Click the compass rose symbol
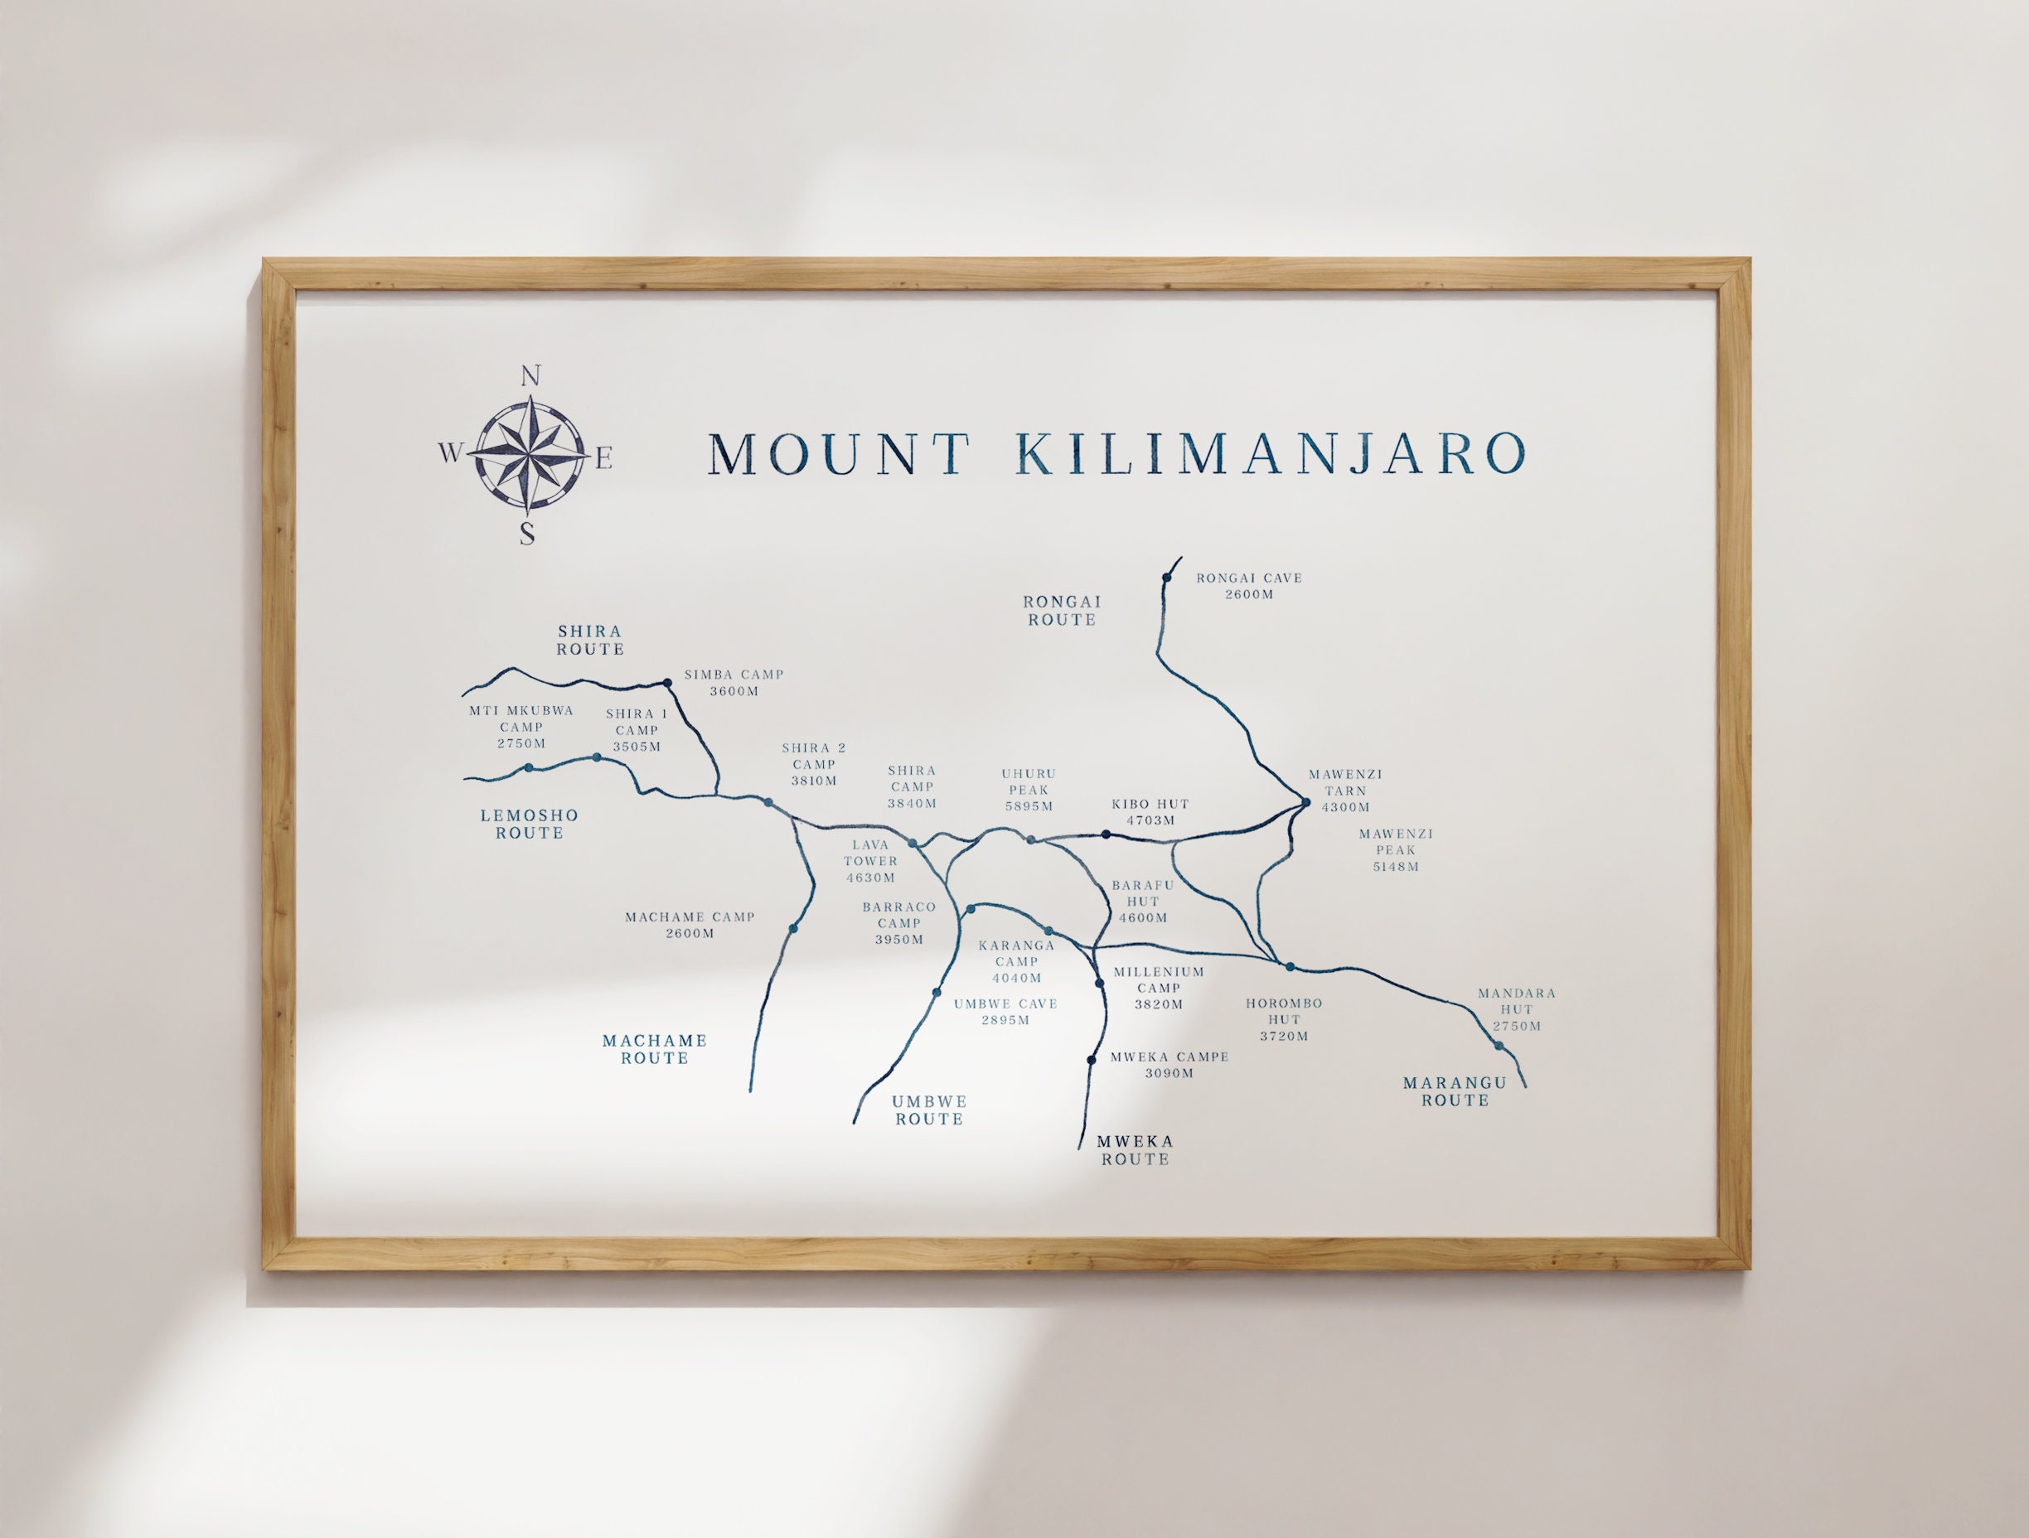[528, 453]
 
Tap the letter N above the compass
[530, 376]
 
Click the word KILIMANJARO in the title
[1271, 453]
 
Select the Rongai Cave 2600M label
[1248, 586]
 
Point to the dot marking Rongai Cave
[1166, 578]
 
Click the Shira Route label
[590, 641]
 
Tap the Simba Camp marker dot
[667, 682]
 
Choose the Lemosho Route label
[530, 824]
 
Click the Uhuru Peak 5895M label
[1029, 790]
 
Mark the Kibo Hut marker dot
[1107, 834]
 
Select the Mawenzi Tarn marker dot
[1305, 804]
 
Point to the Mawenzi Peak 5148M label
[1395, 850]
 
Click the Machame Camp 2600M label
[690, 925]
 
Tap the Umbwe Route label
[929, 1110]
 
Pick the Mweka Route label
[1135, 1150]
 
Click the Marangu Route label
[1455, 1091]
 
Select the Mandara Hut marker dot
[1499, 1046]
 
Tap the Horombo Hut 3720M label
[1283, 1020]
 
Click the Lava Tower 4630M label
[870, 861]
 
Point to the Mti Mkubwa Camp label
[521, 727]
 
